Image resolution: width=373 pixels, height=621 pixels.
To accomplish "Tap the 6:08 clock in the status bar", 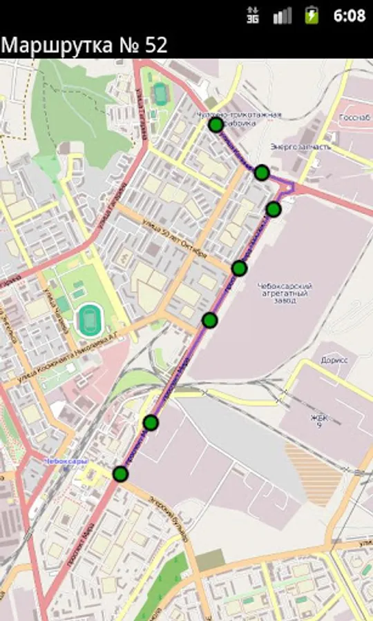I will (349, 15).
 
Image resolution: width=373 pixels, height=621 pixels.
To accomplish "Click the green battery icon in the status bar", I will (312, 15).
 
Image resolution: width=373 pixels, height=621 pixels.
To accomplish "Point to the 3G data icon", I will (253, 15).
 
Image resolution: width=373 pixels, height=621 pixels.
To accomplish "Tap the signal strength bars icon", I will (282, 15).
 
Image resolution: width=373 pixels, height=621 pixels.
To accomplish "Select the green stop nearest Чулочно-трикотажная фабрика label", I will (216, 124).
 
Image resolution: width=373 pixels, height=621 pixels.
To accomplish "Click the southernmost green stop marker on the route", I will (121, 474).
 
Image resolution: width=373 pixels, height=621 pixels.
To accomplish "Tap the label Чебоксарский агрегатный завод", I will (284, 293).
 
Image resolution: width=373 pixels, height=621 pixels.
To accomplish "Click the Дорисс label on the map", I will (334, 360).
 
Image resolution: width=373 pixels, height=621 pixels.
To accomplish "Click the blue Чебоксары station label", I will (65, 461).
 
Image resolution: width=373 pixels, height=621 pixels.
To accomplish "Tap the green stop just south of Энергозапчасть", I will (261, 172).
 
